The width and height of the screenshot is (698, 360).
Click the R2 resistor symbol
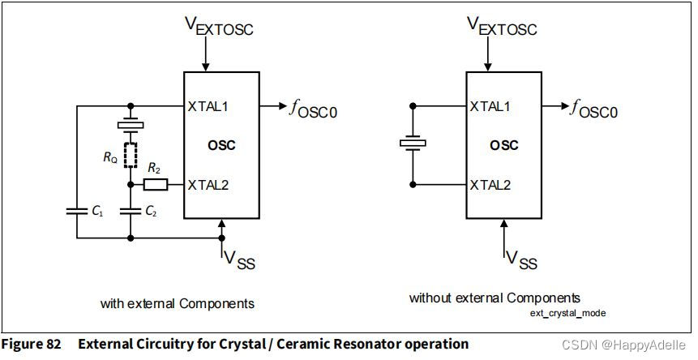(156, 185)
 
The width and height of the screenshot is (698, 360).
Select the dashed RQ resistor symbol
(131, 155)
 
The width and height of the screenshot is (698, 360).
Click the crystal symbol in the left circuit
(131, 125)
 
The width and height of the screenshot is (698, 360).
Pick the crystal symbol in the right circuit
(413, 144)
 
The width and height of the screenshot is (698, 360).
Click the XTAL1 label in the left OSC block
(208, 106)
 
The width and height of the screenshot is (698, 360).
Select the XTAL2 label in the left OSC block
(208, 185)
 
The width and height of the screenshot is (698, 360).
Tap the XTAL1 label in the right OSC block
(490, 106)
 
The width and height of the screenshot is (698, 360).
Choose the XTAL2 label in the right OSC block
(490, 185)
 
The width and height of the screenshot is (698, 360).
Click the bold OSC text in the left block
(221, 146)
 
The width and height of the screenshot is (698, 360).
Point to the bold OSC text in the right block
(503, 146)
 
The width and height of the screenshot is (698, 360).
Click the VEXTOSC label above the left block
(219, 27)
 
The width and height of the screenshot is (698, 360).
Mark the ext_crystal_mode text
(568, 313)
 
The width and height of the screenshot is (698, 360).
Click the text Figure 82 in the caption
(31, 344)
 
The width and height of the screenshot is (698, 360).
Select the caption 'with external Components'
(178, 303)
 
